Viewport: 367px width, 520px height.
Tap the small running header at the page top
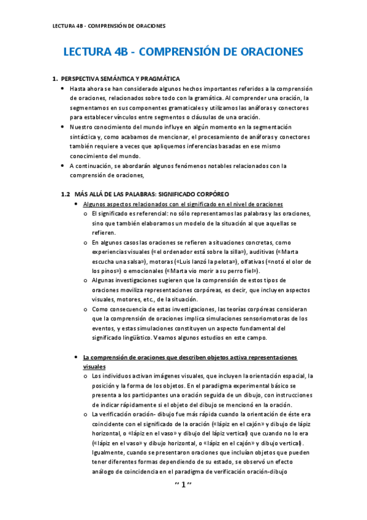108,26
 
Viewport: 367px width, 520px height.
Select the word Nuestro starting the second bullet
81,126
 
